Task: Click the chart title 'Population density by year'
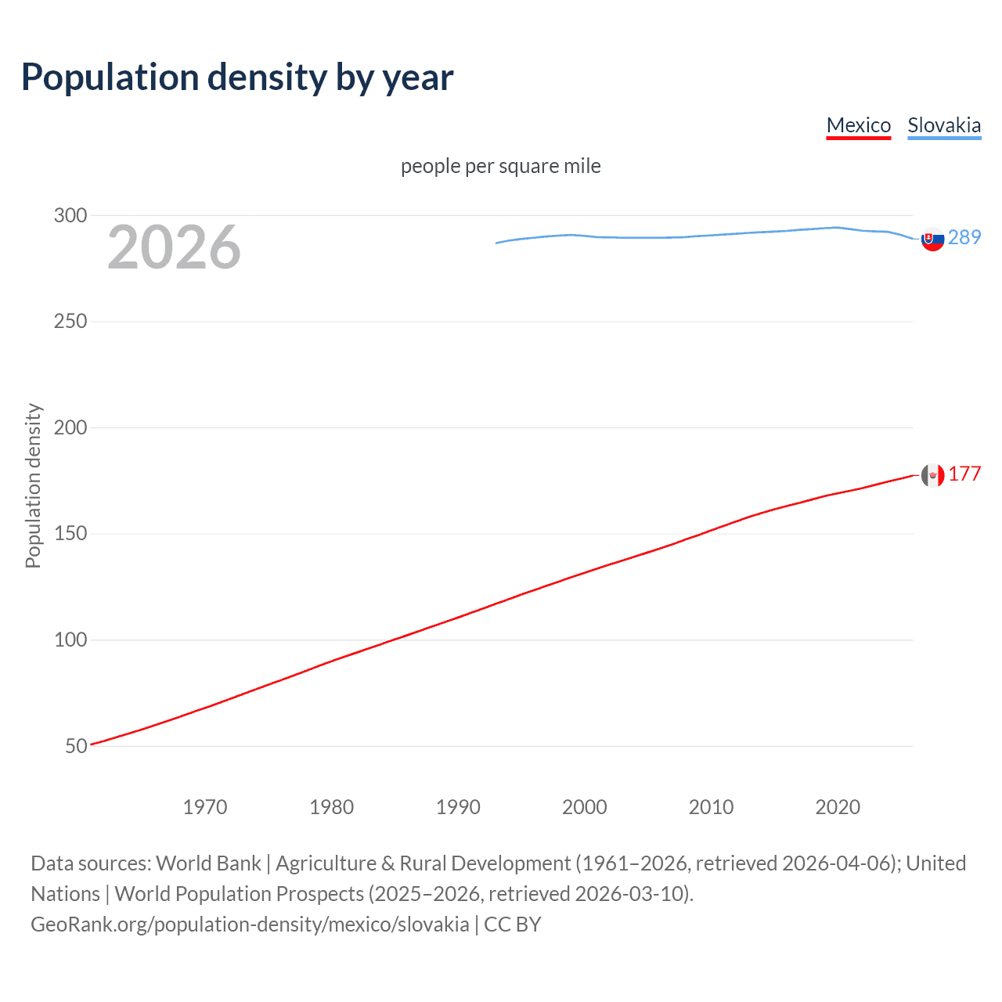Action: pyautogui.click(x=237, y=77)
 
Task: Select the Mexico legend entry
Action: pyautogui.click(x=858, y=125)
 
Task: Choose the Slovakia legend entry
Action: pyautogui.click(x=943, y=125)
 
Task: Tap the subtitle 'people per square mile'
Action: pyautogui.click(x=500, y=166)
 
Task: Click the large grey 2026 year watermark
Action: pyautogui.click(x=174, y=247)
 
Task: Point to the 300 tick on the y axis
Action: pyautogui.click(x=70, y=215)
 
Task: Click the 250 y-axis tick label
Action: pyautogui.click(x=70, y=322)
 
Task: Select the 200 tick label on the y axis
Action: pyautogui.click(x=70, y=427)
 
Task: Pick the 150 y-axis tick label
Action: pyautogui.click(x=70, y=534)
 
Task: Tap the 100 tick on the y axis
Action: pyautogui.click(x=70, y=640)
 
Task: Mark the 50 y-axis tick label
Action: pyautogui.click(x=76, y=746)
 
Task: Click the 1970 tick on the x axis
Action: pyautogui.click(x=204, y=807)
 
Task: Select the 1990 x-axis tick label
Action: pyautogui.click(x=458, y=807)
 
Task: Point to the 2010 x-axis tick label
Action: pyautogui.click(x=711, y=807)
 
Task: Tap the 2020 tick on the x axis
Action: pyautogui.click(x=838, y=807)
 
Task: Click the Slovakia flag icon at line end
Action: pyautogui.click(x=932, y=239)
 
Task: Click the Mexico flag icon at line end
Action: pyautogui.click(x=932, y=475)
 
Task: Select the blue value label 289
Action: pyautogui.click(x=964, y=237)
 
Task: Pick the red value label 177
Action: pyautogui.click(x=964, y=474)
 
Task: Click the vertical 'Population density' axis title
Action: pyautogui.click(x=33, y=485)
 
